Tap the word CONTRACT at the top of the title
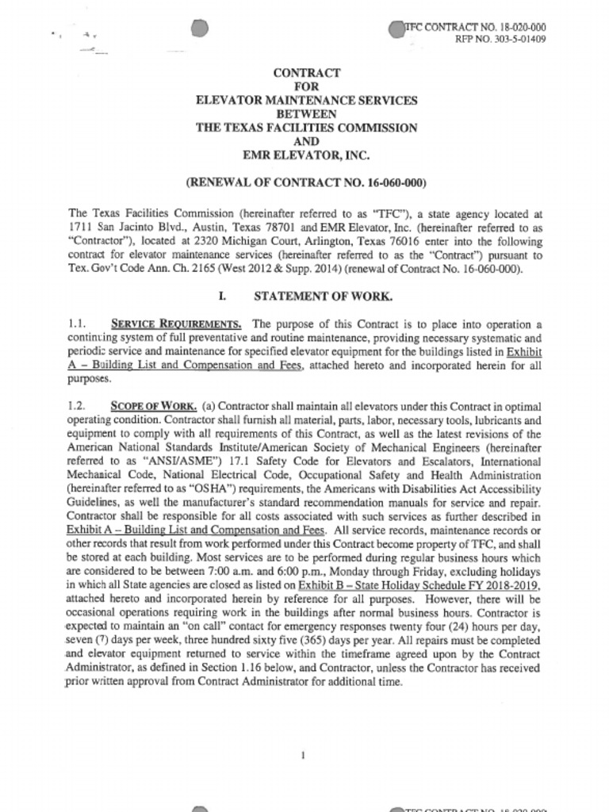pos(307,73)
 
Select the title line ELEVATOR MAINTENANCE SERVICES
pos(307,101)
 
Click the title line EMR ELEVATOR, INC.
pos(307,155)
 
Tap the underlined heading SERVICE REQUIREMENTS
pos(176,324)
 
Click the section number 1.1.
pos(77,324)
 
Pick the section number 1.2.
pos(77,406)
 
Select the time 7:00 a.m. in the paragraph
pos(238,572)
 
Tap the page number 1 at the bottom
pos(304,756)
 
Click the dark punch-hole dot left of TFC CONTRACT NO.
pos(396,29)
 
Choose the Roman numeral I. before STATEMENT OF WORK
pos(224,296)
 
